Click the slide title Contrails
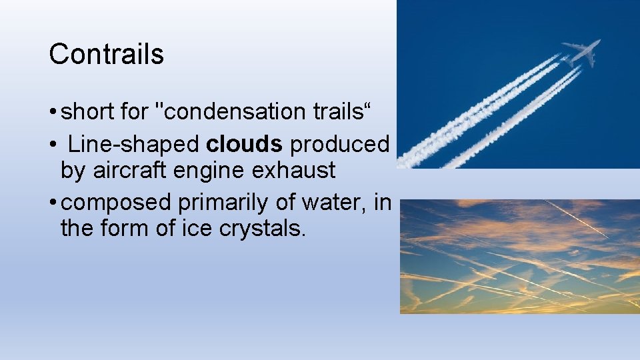tap(106, 54)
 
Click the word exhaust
tap(293, 171)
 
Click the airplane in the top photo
tap(581, 52)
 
